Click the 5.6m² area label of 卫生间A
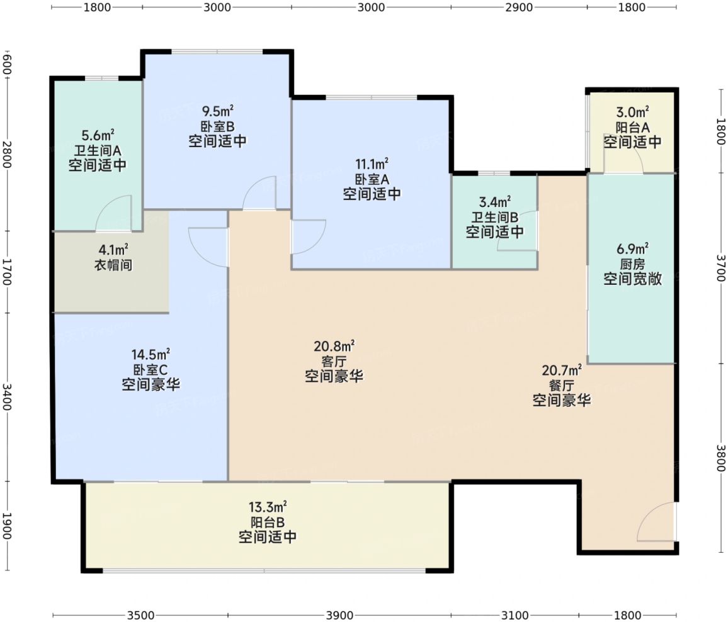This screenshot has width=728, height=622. click(x=98, y=135)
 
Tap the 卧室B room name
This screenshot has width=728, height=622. click(x=217, y=126)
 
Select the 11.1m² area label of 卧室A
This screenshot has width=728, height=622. click(x=372, y=164)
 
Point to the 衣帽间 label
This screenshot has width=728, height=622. click(x=114, y=265)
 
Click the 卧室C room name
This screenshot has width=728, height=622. click(x=151, y=370)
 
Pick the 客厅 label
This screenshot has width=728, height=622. click(x=334, y=362)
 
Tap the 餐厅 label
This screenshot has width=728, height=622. click(x=561, y=385)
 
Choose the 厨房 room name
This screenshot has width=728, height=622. click(x=632, y=264)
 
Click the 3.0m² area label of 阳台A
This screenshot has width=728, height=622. click(x=632, y=112)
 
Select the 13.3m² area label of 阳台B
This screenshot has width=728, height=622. click(x=268, y=507)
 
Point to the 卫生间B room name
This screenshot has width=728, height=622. click(x=495, y=216)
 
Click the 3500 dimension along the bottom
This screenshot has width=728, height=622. click(x=140, y=616)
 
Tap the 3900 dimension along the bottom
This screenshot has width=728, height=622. click(x=339, y=616)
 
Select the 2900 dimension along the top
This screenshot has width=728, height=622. click(x=519, y=7)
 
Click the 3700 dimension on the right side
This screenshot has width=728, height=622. click(x=720, y=268)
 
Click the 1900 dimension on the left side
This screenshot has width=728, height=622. click(x=6, y=526)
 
